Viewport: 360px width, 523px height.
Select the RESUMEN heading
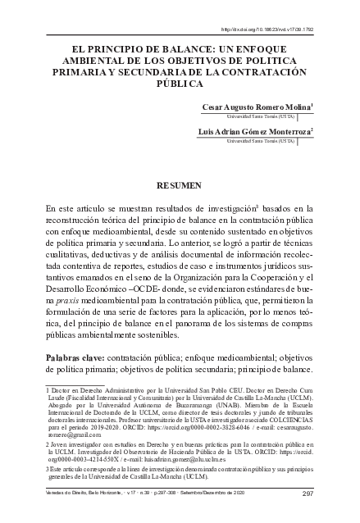coord(179,186)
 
